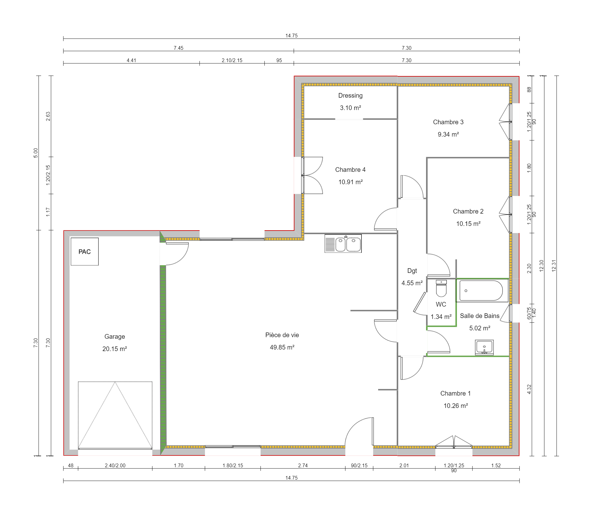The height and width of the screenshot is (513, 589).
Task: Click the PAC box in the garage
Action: coord(84,252)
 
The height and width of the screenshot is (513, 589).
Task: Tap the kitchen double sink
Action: coord(343,244)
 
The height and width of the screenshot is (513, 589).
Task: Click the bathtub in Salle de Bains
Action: coord(482,290)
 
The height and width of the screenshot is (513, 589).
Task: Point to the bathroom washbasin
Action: coord(484,347)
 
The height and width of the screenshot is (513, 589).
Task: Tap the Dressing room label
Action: coord(350,95)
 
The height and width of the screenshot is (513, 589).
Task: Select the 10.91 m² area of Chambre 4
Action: coord(350,182)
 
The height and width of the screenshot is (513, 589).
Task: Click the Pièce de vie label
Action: coord(282,335)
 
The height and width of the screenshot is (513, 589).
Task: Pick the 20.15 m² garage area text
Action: coord(115,349)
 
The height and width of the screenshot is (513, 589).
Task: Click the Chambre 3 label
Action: coord(448,122)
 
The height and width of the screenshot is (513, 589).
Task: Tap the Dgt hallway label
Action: coord(412,271)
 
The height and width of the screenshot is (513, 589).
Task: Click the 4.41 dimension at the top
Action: coord(131,60)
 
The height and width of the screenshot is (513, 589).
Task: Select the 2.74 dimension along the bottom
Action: coord(303,465)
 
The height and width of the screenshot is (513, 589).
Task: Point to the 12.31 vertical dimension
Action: coord(554,266)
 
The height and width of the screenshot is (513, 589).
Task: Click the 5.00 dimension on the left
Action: coord(36,153)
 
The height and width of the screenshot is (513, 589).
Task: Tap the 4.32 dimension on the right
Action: coord(529,389)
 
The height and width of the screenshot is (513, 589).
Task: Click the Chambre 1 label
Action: coord(455,393)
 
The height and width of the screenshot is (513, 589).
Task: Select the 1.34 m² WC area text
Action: coord(441,317)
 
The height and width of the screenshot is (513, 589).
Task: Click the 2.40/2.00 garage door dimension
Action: coord(115,465)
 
